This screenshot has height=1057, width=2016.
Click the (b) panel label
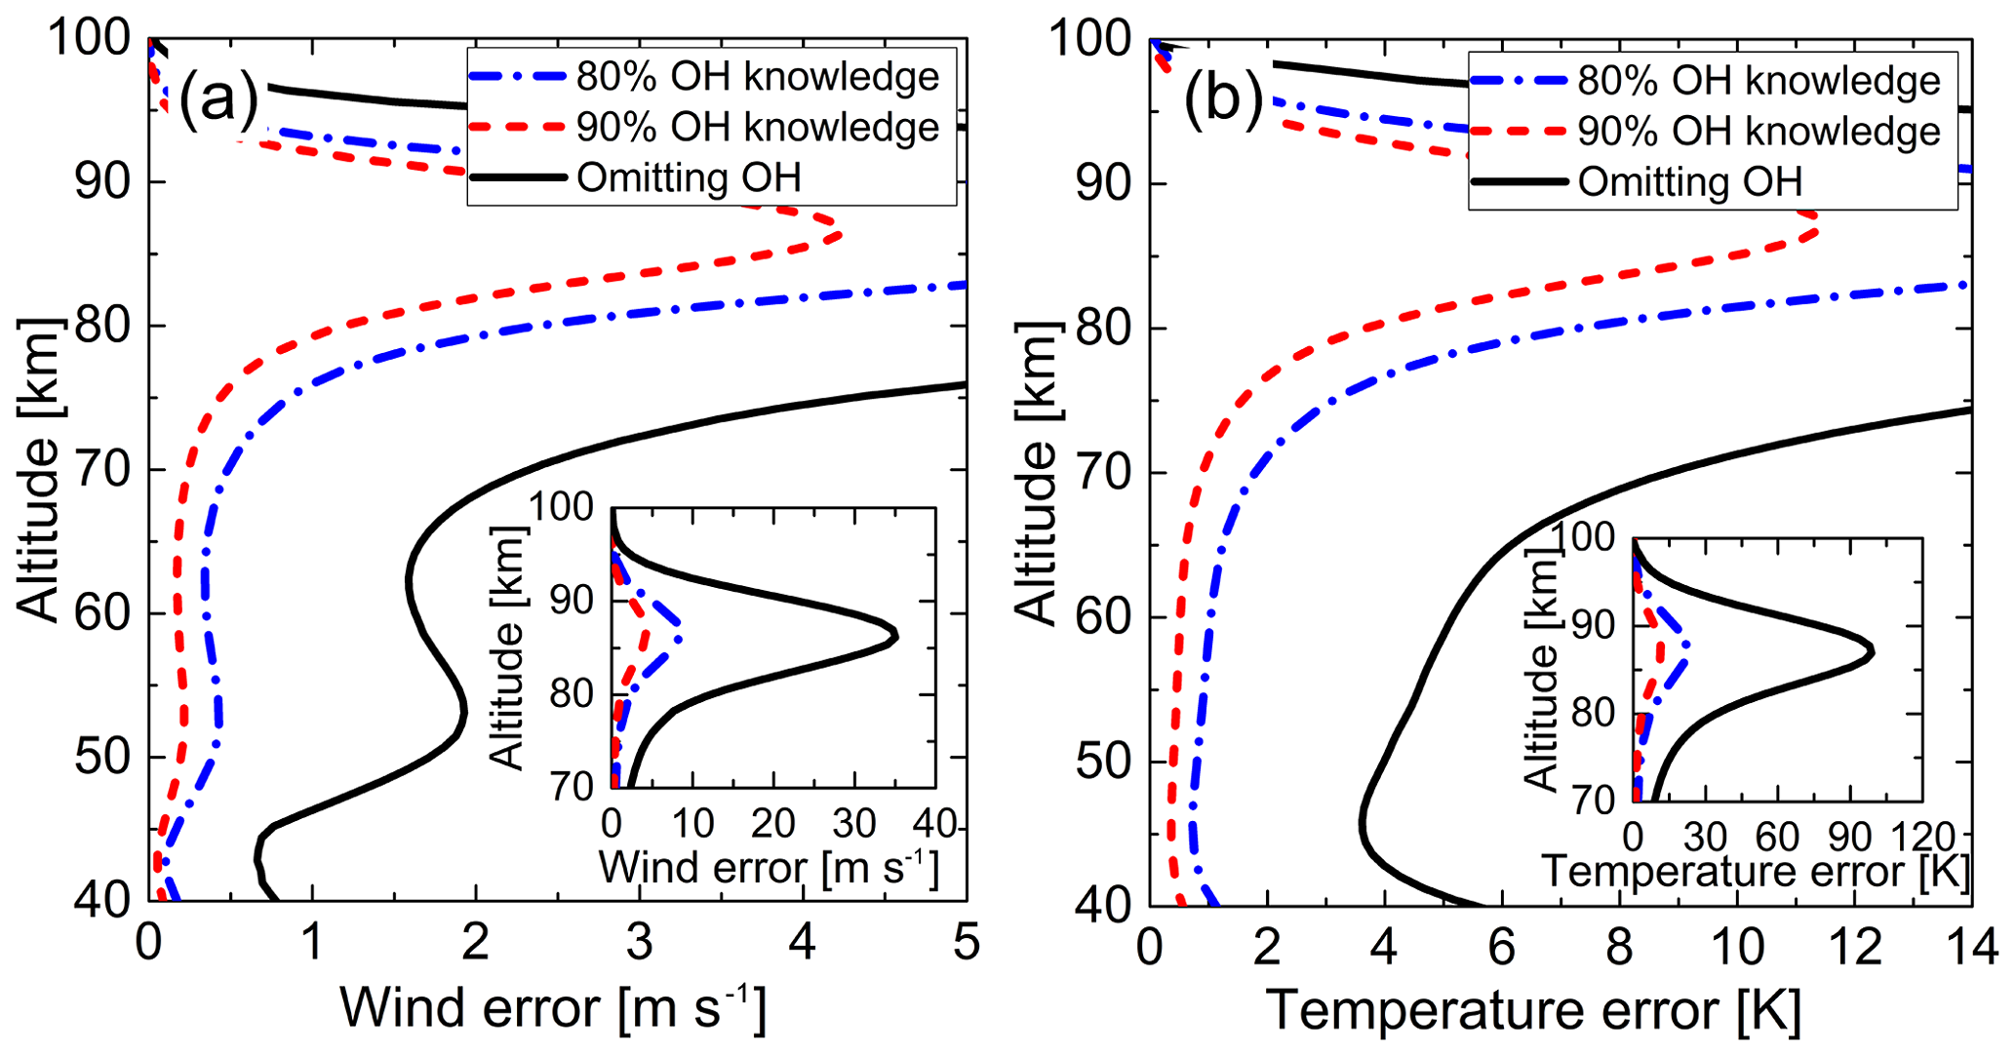pyautogui.click(x=1223, y=99)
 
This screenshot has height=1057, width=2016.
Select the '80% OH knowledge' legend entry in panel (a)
pyautogui.click(x=757, y=77)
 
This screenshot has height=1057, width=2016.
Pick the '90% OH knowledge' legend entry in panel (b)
pyautogui.click(x=1759, y=132)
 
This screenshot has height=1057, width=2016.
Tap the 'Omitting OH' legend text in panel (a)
pyautogui.click(x=689, y=178)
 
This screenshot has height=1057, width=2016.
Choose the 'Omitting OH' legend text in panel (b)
pyautogui.click(x=1690, y=182)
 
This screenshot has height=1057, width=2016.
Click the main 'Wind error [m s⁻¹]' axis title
pyautogui.click(x=553, y=1008)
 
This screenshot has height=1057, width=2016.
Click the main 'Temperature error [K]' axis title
pyautogui.click(x=1533, y=1010)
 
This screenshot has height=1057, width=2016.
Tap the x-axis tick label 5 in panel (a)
pyautogui.click(x=966, y=943)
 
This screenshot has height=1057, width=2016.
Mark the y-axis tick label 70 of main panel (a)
pyautogui.click(x=102, y=470)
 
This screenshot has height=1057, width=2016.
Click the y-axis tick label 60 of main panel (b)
pyautogui.click(x=1103, y=617)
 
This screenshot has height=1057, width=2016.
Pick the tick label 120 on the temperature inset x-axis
pyautogui.click(x=1922, y=837)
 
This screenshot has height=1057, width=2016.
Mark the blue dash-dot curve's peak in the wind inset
pyautogui.click(x=680, y=639)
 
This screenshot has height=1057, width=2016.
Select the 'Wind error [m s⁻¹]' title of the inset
pyautogui.click(x=769, y=868)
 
